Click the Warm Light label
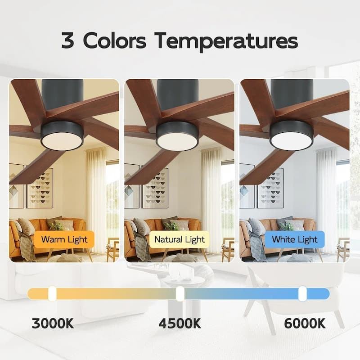coord(64,239)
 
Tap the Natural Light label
coord(180,239)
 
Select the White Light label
coord(295,239)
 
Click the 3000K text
coord(53,323)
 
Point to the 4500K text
coord(180,323)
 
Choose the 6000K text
coord(305,323)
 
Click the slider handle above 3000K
coord(52,294)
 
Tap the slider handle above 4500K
coord(180,294)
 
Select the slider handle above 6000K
coord(302,294)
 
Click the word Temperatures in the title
coord(226,41)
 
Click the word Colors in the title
coord(116,41)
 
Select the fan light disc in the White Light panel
coord(292,141)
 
